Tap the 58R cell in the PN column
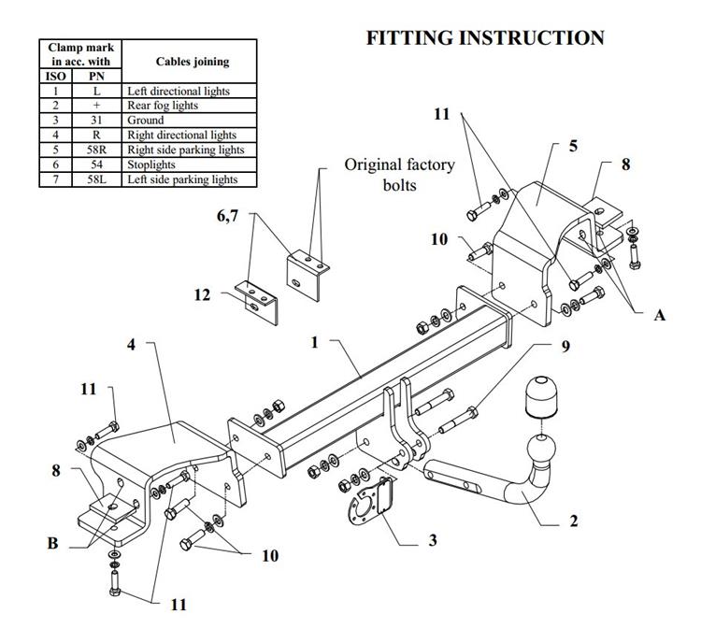pyautogui.click(x=96, y=150)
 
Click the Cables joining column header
pyautogui.click(x=191, y=62)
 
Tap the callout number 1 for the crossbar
pyautogui.click(x=315, y=343)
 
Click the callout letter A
pyautogui.click(x=659, y=316)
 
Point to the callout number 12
pyautogui.click(x=203, y=295)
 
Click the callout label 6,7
pyautogui.click(x=228, y=216)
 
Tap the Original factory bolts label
pyautogui.click(x=399, y=175)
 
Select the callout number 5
pyautogui.click(x=573, y=147)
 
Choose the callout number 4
pyautogui.click(x=132, y=345)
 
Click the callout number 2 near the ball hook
pyautogui.click(x=574, y=521)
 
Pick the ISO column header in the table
pyautogui.click(x=56, y=77)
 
